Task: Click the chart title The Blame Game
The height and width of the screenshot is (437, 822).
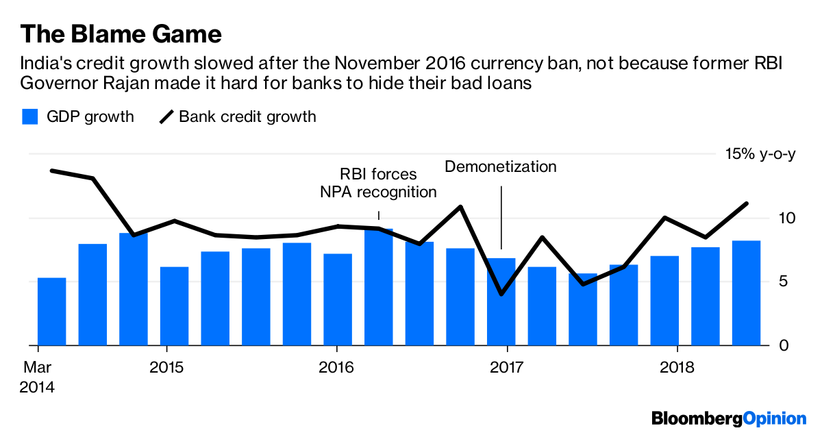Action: tap(121, 34)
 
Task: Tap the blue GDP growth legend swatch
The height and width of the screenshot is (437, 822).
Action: tap(29, 116)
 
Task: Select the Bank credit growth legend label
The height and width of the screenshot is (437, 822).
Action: tap(247, 116)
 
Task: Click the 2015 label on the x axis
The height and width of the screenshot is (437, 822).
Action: tap(166, 368)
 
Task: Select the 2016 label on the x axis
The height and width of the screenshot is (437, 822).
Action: tap(336, 368)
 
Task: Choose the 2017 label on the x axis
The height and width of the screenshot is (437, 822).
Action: tap(506, 368)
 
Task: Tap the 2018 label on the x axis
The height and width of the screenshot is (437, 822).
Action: tap(676, 368)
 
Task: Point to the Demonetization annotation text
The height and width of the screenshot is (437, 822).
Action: tap(501, 166)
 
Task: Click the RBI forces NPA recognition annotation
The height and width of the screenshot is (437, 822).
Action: tap(378, 183)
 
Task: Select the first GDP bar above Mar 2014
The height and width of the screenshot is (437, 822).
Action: tap(52, 312)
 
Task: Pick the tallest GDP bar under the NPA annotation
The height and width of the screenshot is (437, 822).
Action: tap(379, 288)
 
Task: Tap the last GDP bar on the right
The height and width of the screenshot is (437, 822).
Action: tap(746, 293)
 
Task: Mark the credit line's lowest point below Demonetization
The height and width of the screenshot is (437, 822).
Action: tap(501, 294)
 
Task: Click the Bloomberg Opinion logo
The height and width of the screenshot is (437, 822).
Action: tap(729, 417)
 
